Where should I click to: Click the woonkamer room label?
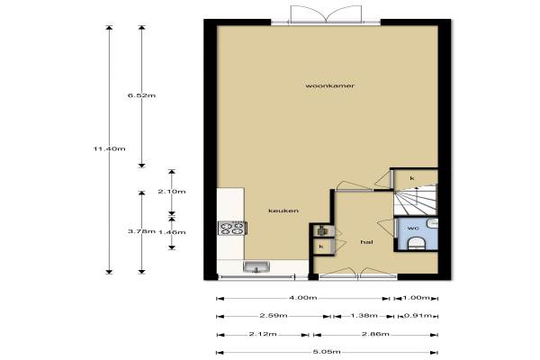(x=329, y=85)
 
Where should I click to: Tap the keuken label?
(x=283, y=211)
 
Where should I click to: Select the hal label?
(x=367, y=242)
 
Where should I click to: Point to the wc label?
(x=413, y=228)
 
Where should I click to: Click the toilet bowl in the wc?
(x=417, y=243)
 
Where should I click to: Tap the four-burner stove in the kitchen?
(x=232, y=229)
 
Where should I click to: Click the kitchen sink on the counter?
(x=256, y=266)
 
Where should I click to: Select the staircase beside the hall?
(x=416, y=200)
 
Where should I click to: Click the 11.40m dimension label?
(x=110, y=148)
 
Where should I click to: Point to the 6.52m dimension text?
(x=141, y=95)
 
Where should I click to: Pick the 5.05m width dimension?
(x=327, y=352)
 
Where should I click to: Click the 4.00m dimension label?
(x=303, y=298)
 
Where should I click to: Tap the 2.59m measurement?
(x=274, y=316)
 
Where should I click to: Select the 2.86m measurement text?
(x=375, y=334)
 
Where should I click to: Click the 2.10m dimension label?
(x=172, y=192)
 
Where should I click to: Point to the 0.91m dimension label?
(x=418, y=316)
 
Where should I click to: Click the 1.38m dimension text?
(x=364, y=316)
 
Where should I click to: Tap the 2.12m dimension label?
(x=263, y=334)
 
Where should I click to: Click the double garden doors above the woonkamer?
(x=326, y=15)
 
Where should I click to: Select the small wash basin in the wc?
(x=433, y=223)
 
